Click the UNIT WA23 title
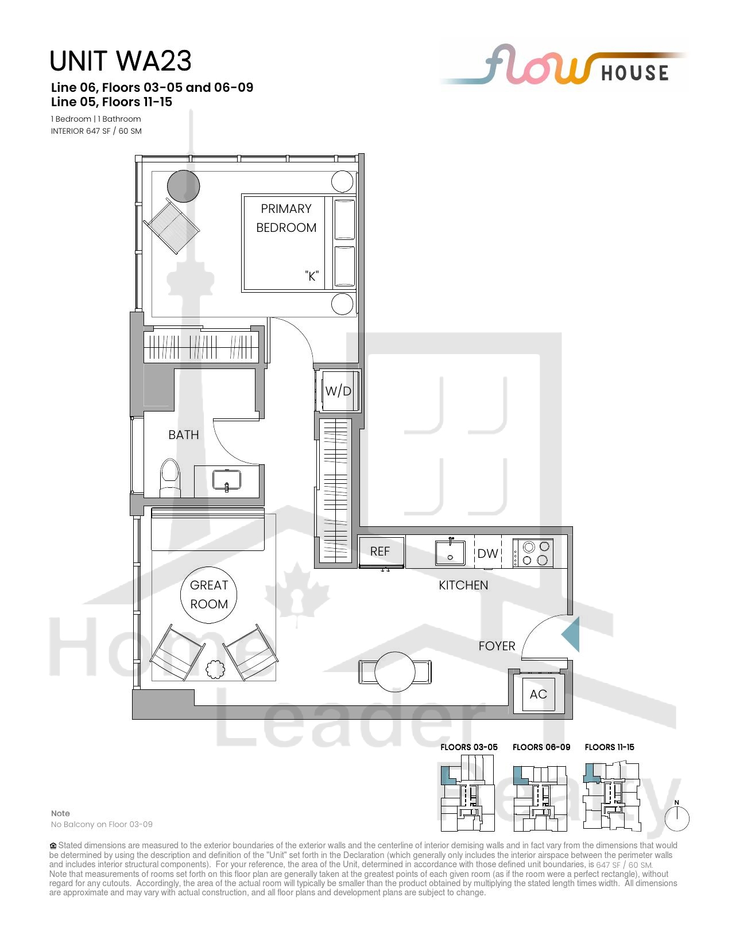(x=121, y=61)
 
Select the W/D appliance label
(x=338, y=391)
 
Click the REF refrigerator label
(x=379, y=552)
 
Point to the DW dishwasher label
(x=487, y=553)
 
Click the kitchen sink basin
(x=450, y=553)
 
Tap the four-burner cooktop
(x=533, y=553)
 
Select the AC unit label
(x=538, y=694)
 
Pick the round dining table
(x=395, y=672)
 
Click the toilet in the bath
(x=170, y=477)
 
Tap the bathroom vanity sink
(x=226, y=480)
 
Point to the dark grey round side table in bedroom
(x=184, y=186)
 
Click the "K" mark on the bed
(x=312, y=276)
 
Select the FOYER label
(x=497, y=646)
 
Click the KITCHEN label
(x=463, y=585)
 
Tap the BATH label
(x=184, y=435)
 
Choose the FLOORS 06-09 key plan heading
(x=541, y=747)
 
